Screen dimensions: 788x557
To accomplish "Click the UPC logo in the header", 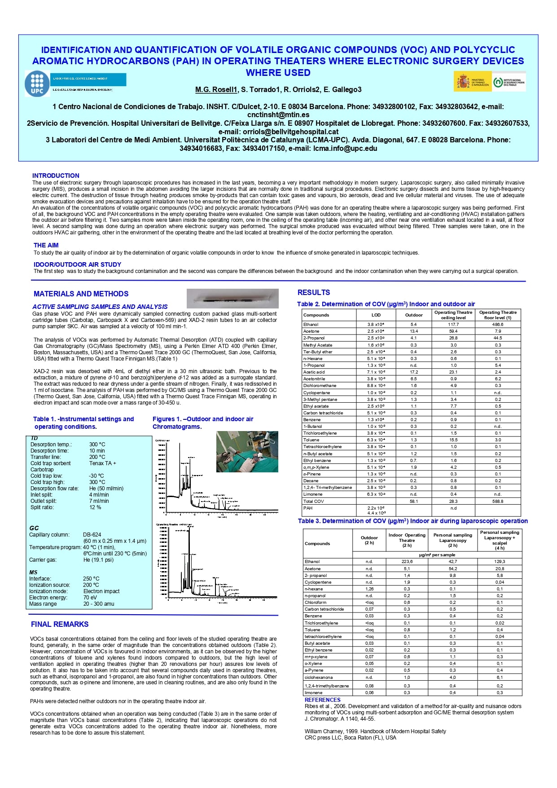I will [37, 84].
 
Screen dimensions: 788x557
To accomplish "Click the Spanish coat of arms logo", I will [463, 82].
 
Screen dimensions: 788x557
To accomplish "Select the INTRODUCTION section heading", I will [56, 176].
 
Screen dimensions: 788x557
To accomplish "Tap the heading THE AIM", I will [46, 245].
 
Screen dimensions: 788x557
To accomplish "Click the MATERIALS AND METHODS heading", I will [81, 294].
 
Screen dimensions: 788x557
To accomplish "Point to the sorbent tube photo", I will [232, 298].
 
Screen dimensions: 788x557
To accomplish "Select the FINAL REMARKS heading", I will [60, 624].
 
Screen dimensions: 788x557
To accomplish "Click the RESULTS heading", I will [314, 292].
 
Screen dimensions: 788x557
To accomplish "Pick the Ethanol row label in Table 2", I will [311, 324].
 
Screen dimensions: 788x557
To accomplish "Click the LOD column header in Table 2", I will [376, 315].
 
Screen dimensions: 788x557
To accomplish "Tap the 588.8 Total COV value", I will [498, 501].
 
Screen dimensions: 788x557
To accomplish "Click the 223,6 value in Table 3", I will [407, 562].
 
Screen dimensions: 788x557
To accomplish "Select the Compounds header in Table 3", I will [317, 543].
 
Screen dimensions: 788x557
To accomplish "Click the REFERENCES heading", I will [322, 700].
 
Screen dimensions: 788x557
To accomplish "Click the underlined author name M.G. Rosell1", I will [216, 89].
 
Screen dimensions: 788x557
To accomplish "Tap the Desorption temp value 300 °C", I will [97, 445].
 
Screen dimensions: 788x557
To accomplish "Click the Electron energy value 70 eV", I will [90, 598].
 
